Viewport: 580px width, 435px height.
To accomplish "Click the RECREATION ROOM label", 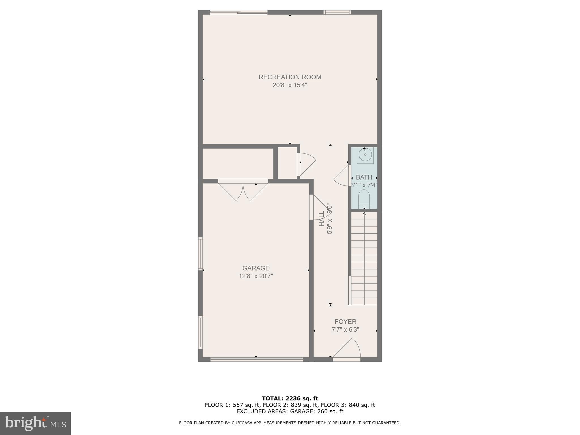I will click(x=290, y=77).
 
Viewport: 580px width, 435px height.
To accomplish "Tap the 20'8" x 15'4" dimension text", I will click(x=290, y=85).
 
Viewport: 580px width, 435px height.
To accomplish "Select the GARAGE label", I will click(x=256, y=268).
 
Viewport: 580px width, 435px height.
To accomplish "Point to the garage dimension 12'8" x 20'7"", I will click(x=256, y=276).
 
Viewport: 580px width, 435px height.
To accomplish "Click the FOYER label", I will click(x=345, y=322).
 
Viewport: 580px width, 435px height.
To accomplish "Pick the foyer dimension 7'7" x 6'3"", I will click(x=345, y=330).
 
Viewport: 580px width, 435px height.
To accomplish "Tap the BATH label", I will click(x=364, y=177).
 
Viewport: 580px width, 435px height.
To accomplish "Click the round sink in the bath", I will click(x=365, y=155).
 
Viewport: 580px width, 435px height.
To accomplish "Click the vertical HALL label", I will click(x=322, y=219).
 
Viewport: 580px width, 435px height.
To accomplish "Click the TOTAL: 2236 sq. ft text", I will click(x=290, y=399).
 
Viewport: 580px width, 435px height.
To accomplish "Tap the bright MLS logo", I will click(x=35, y=423).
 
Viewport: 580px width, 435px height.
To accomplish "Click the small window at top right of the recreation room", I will click(x=337, y=12).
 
